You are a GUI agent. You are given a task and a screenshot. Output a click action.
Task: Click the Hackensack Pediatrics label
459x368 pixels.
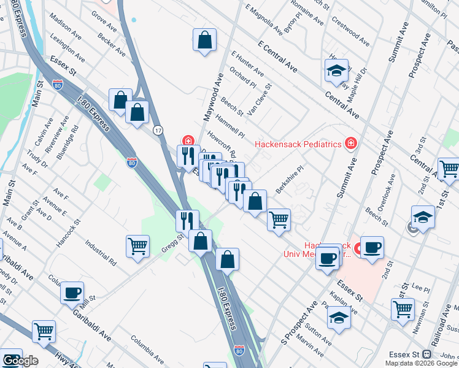click(x=298, y=144)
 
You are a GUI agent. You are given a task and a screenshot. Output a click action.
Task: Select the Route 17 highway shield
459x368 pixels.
click(x=158, y=130)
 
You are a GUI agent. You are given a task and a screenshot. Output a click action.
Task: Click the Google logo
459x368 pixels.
click(x=20, y=361)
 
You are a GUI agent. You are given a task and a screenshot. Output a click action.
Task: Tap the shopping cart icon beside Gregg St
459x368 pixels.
click(x=138, y=247)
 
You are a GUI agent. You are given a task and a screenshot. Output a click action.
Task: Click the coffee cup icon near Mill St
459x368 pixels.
click(x=72, y=292)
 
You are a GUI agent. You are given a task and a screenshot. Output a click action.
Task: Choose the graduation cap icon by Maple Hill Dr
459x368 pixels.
click(x=336, y=71)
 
